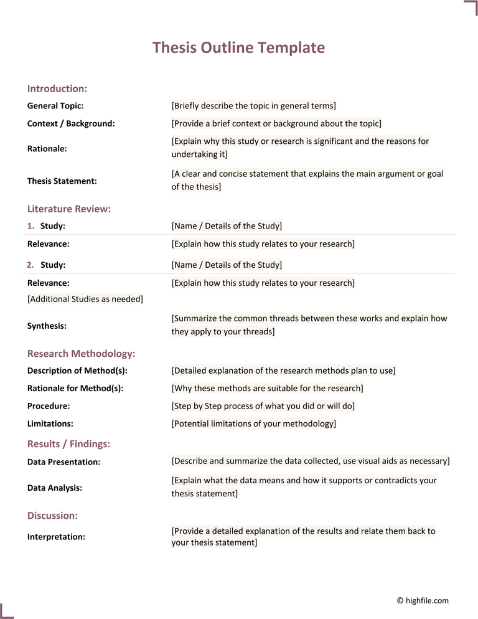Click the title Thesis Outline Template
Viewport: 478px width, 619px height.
[x=238, y=48]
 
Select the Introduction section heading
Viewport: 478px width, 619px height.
[x=57, y=88]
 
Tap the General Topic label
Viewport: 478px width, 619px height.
[x=55, y=106]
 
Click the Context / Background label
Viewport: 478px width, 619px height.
[x=71, y=123]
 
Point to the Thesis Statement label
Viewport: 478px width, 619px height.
[x=62, y=181]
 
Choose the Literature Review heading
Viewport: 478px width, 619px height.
[x=69, y=209]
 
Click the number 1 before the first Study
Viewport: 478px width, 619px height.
[x=30, y=226]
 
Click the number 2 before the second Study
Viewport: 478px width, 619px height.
[x=30, y=265]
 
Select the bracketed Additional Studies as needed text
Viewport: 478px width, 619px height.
[x=85, y=299]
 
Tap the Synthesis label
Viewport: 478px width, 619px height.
[x=47, y=326]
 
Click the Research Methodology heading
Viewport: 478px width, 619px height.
[x=81, y=354]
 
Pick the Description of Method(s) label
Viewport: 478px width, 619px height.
[x=77, y=371]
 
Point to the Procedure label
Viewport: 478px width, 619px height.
[x=49, y=406]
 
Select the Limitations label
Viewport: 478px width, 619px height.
[x=50, y=423]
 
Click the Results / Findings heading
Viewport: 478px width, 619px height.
[x=68, y=444]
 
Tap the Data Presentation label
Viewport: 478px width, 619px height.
[x=63, y=462]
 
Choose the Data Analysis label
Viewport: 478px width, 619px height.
[x=55, y=488]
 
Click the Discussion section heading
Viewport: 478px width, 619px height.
[x=52, y=516]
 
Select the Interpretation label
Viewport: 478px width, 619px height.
[x=56, y=537]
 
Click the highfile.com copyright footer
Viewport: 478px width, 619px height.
[x=423, y=600]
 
